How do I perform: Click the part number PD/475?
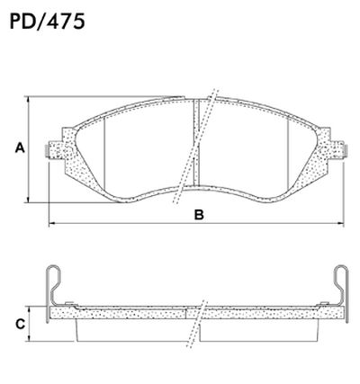pos(47,20)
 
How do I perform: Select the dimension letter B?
pos(199,214)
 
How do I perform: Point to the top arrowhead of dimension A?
pos(31,97)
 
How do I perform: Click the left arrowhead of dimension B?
pos(50,221)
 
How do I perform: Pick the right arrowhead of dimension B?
pos(346,221)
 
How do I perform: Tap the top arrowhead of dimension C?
pos(32,307)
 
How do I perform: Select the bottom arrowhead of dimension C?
pos(32,341)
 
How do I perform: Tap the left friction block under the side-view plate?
pos(135,330)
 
